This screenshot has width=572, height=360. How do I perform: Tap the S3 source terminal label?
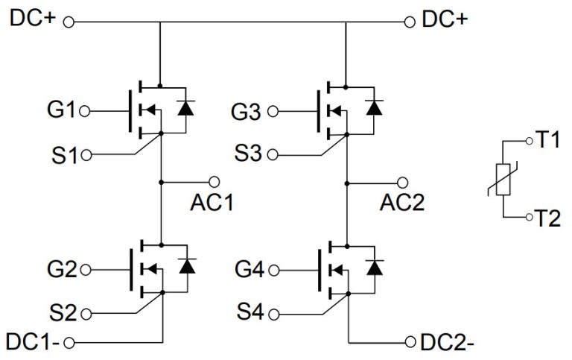[x=248, y=155]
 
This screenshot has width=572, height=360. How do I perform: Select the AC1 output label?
[x=212, y=202]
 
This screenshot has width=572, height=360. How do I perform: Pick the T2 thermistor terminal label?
[x=548, y=218]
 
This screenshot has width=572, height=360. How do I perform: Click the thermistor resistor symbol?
[x=504, y=178]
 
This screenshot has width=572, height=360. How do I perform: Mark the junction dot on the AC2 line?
[x=347, y=181]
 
